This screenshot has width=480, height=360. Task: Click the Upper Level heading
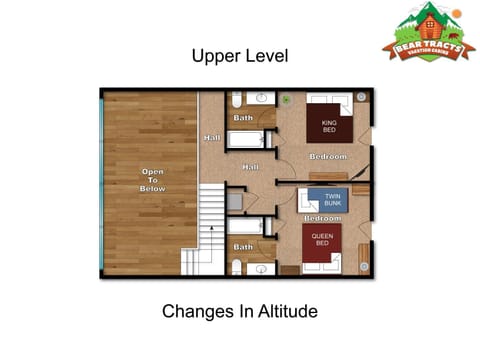point(240,56)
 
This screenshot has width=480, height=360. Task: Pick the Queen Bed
point(322,245)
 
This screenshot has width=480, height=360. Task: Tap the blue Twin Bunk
point(329,200)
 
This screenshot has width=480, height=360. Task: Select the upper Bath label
point(243,118)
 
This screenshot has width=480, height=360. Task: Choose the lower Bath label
point(243,246)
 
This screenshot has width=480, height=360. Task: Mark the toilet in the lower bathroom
point(236,266)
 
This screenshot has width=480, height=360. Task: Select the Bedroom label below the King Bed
point(327,157)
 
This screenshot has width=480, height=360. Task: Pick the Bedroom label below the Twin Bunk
point(323,218)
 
